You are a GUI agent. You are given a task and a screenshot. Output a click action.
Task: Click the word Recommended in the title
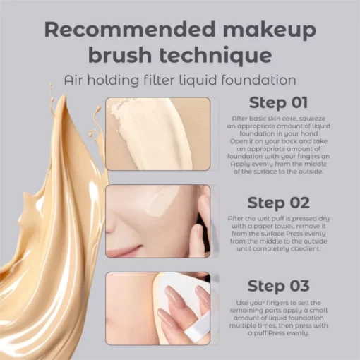[130, 30]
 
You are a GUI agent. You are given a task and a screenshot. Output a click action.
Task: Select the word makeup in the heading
[270, 30]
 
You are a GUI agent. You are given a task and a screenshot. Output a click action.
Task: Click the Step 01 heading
[278, 102]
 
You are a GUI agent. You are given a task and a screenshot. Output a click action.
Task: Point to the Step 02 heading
[278, 203]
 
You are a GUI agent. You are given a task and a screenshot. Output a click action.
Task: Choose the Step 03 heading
[278, 286]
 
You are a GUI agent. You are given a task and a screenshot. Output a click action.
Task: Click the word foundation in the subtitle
[258, 80]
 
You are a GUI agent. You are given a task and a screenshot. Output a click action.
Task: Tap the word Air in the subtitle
[73, 80]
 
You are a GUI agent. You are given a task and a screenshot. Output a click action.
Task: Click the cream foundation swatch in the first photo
[150, 132]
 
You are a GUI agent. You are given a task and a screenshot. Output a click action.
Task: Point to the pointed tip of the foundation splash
[63, 96]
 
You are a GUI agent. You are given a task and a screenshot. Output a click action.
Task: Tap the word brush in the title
[120, 55]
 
